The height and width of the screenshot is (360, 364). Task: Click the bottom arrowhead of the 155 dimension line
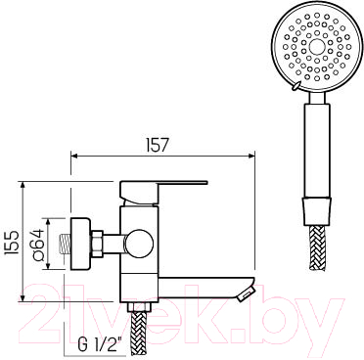pyautogui.click(x=25, y=294)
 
